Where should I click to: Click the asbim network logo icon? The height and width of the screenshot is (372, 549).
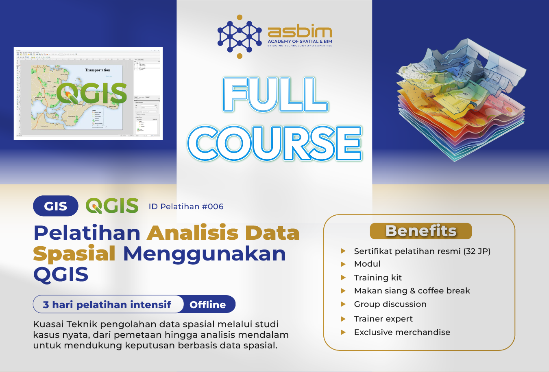[x=240, y=37]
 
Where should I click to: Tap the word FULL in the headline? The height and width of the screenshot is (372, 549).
[x=275, y=94]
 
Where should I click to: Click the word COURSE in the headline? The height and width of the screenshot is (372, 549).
[x=274, y=143]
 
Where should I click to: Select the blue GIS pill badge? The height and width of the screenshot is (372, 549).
[x=56, y=206]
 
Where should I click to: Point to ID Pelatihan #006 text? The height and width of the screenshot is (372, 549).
[x=186, y=206]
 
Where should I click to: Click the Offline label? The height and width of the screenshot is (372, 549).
[x=207, y=304]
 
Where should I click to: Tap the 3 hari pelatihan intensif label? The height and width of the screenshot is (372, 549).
[x=107, y=304]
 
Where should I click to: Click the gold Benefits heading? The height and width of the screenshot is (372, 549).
[x=420, y=231]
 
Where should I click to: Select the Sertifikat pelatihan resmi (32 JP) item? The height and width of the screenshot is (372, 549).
[x=422, y=251]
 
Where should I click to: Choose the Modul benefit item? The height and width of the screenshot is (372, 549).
[x=367, y=264]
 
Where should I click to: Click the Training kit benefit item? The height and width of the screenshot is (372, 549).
[x=378, y=278]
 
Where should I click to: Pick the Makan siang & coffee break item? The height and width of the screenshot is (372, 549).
[x=412, y=291]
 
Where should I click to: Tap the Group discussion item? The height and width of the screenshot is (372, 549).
[x=390, y=304]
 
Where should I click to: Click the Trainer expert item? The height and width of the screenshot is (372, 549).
[x=383, y=319]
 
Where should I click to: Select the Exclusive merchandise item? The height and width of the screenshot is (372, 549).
[x=402, y=332]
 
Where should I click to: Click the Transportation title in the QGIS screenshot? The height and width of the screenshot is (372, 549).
[x=97, y=70]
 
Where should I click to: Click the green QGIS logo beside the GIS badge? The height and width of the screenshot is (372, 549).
[x=112, y=206]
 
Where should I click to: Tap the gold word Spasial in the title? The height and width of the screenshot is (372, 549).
[x=74, y=254]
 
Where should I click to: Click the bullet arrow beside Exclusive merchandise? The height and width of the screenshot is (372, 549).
[x=343, y=332]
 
